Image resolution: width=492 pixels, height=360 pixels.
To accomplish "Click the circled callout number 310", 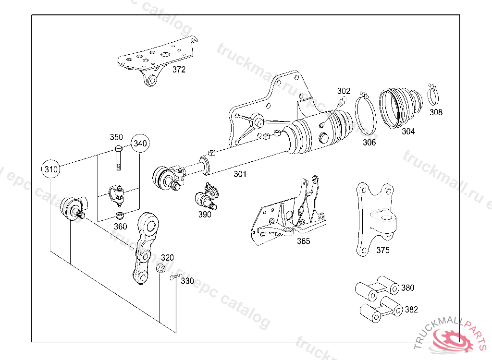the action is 51,169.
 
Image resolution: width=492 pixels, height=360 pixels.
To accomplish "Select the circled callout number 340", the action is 140,144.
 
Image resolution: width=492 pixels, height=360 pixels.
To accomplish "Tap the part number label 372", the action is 179,69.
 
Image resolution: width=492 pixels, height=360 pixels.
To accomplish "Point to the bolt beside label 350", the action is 118,158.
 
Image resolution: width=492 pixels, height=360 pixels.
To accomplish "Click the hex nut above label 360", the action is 119,216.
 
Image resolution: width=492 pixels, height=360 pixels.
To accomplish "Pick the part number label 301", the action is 240,174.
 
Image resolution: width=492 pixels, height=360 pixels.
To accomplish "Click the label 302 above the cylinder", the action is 344,91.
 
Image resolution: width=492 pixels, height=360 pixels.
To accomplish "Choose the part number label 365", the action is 304,241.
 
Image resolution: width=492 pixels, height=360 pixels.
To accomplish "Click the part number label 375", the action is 383,250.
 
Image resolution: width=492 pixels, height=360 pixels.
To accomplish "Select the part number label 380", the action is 407,288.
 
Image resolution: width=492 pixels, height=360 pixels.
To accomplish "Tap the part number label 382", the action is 411,310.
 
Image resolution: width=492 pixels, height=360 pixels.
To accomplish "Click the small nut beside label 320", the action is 160,268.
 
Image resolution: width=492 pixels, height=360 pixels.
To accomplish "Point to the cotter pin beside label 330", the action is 175,276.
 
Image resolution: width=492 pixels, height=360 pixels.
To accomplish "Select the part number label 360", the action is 120,227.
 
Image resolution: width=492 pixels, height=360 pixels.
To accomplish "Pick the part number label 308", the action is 436,112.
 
